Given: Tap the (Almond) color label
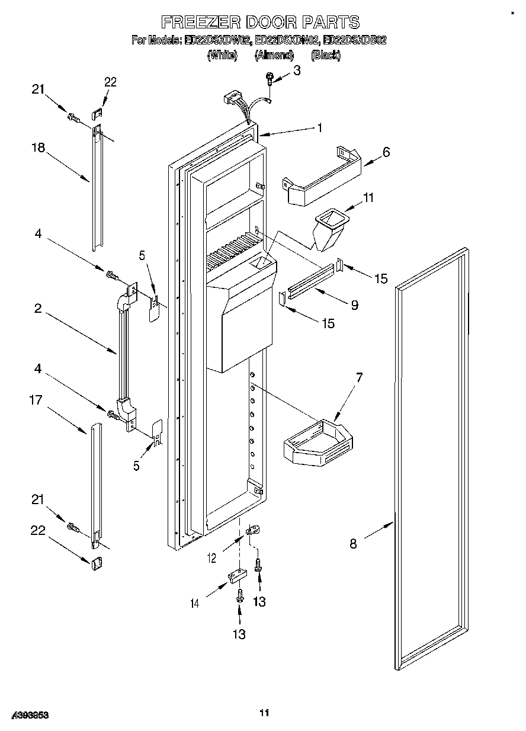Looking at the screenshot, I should (x=274, y=55).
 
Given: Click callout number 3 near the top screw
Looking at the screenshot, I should (x=297, y=70).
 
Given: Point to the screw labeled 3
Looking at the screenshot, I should (x=270, y=78).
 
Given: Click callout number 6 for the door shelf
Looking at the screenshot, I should (x=386, y=152).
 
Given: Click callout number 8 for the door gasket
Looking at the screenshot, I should (x=353, y=543).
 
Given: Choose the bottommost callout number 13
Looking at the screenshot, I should (x=238, y=634).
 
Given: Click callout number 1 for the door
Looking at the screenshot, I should (x=319, y=127).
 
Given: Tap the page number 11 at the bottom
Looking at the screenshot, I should (x=264, y=713).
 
